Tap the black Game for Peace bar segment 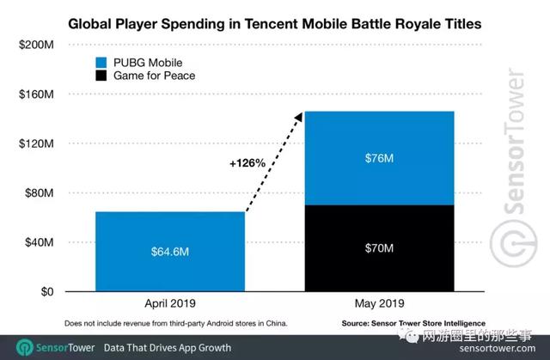tap(378, 248)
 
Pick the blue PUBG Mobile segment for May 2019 tap(378, 158)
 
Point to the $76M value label tap(378, 158)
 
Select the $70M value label tap(378, 249)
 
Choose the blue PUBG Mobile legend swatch tap(101, 63)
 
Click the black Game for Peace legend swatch tap(101, 77)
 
